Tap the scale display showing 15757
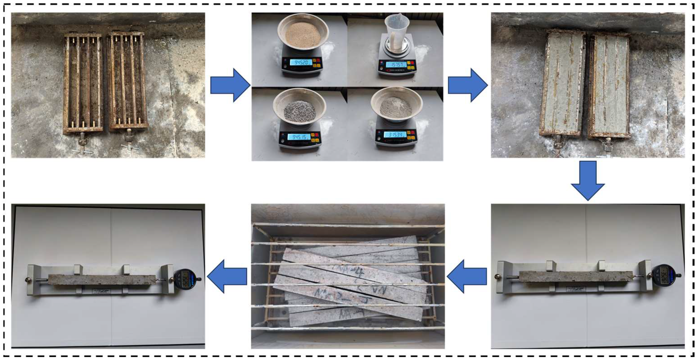pos(396,65)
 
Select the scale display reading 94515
pos(298,137)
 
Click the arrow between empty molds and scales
pos(230,85)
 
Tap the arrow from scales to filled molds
pos(468,85)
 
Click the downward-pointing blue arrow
pos(588,180)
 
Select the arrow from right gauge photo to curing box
pos(467,276)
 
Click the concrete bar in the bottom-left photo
pos(102,280)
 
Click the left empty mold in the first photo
pos(83,83)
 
